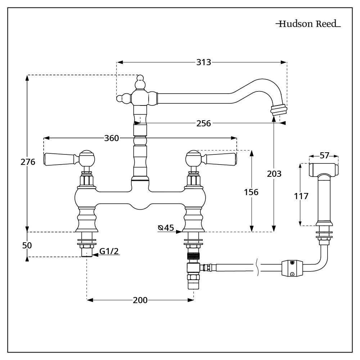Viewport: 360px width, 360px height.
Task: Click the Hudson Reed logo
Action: [x=308, y=24]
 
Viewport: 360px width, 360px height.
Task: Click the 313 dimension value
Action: [x=203, y=62]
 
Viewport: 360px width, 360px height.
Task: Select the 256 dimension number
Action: [x=204, y=123]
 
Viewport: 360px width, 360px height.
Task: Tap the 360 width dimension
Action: [x=111, y=138]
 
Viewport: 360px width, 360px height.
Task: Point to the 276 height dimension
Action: [x=28, y=162]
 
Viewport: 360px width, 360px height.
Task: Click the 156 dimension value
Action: [x=251, y=192]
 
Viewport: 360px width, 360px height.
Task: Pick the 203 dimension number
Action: [x=274, y=174]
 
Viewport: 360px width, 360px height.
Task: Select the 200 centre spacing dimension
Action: [x=140, y=300]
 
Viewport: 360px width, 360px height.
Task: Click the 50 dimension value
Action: [x=27, y=246]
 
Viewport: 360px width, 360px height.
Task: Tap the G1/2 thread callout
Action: [x=109, y=252]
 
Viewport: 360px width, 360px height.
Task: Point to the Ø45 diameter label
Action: [x=166, y=228]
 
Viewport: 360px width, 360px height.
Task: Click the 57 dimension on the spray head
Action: [x=324, y=156]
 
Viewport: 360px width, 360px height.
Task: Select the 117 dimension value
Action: [x=301, y=196]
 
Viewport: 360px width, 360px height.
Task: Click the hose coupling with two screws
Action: [x=292, y=269]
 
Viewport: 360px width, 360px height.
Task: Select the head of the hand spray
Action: [x=324, y=169]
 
